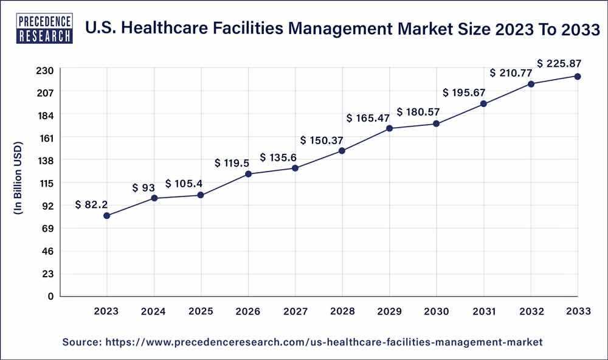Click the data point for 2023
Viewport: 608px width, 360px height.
tap(107, 215)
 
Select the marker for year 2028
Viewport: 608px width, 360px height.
tap(342, 150)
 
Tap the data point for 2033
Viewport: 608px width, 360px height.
tap(578, 76)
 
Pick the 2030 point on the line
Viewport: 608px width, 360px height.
tap(437, 123)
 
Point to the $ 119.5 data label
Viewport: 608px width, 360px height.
tap(233, 163)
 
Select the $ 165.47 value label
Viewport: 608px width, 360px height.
tap(367, 118)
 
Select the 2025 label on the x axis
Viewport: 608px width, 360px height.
tap(201, 311)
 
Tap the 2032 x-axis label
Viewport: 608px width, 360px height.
tap(530, 311)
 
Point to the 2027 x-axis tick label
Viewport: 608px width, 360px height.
tap(295, 311)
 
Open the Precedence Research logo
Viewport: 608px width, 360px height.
tap(46, 26)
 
